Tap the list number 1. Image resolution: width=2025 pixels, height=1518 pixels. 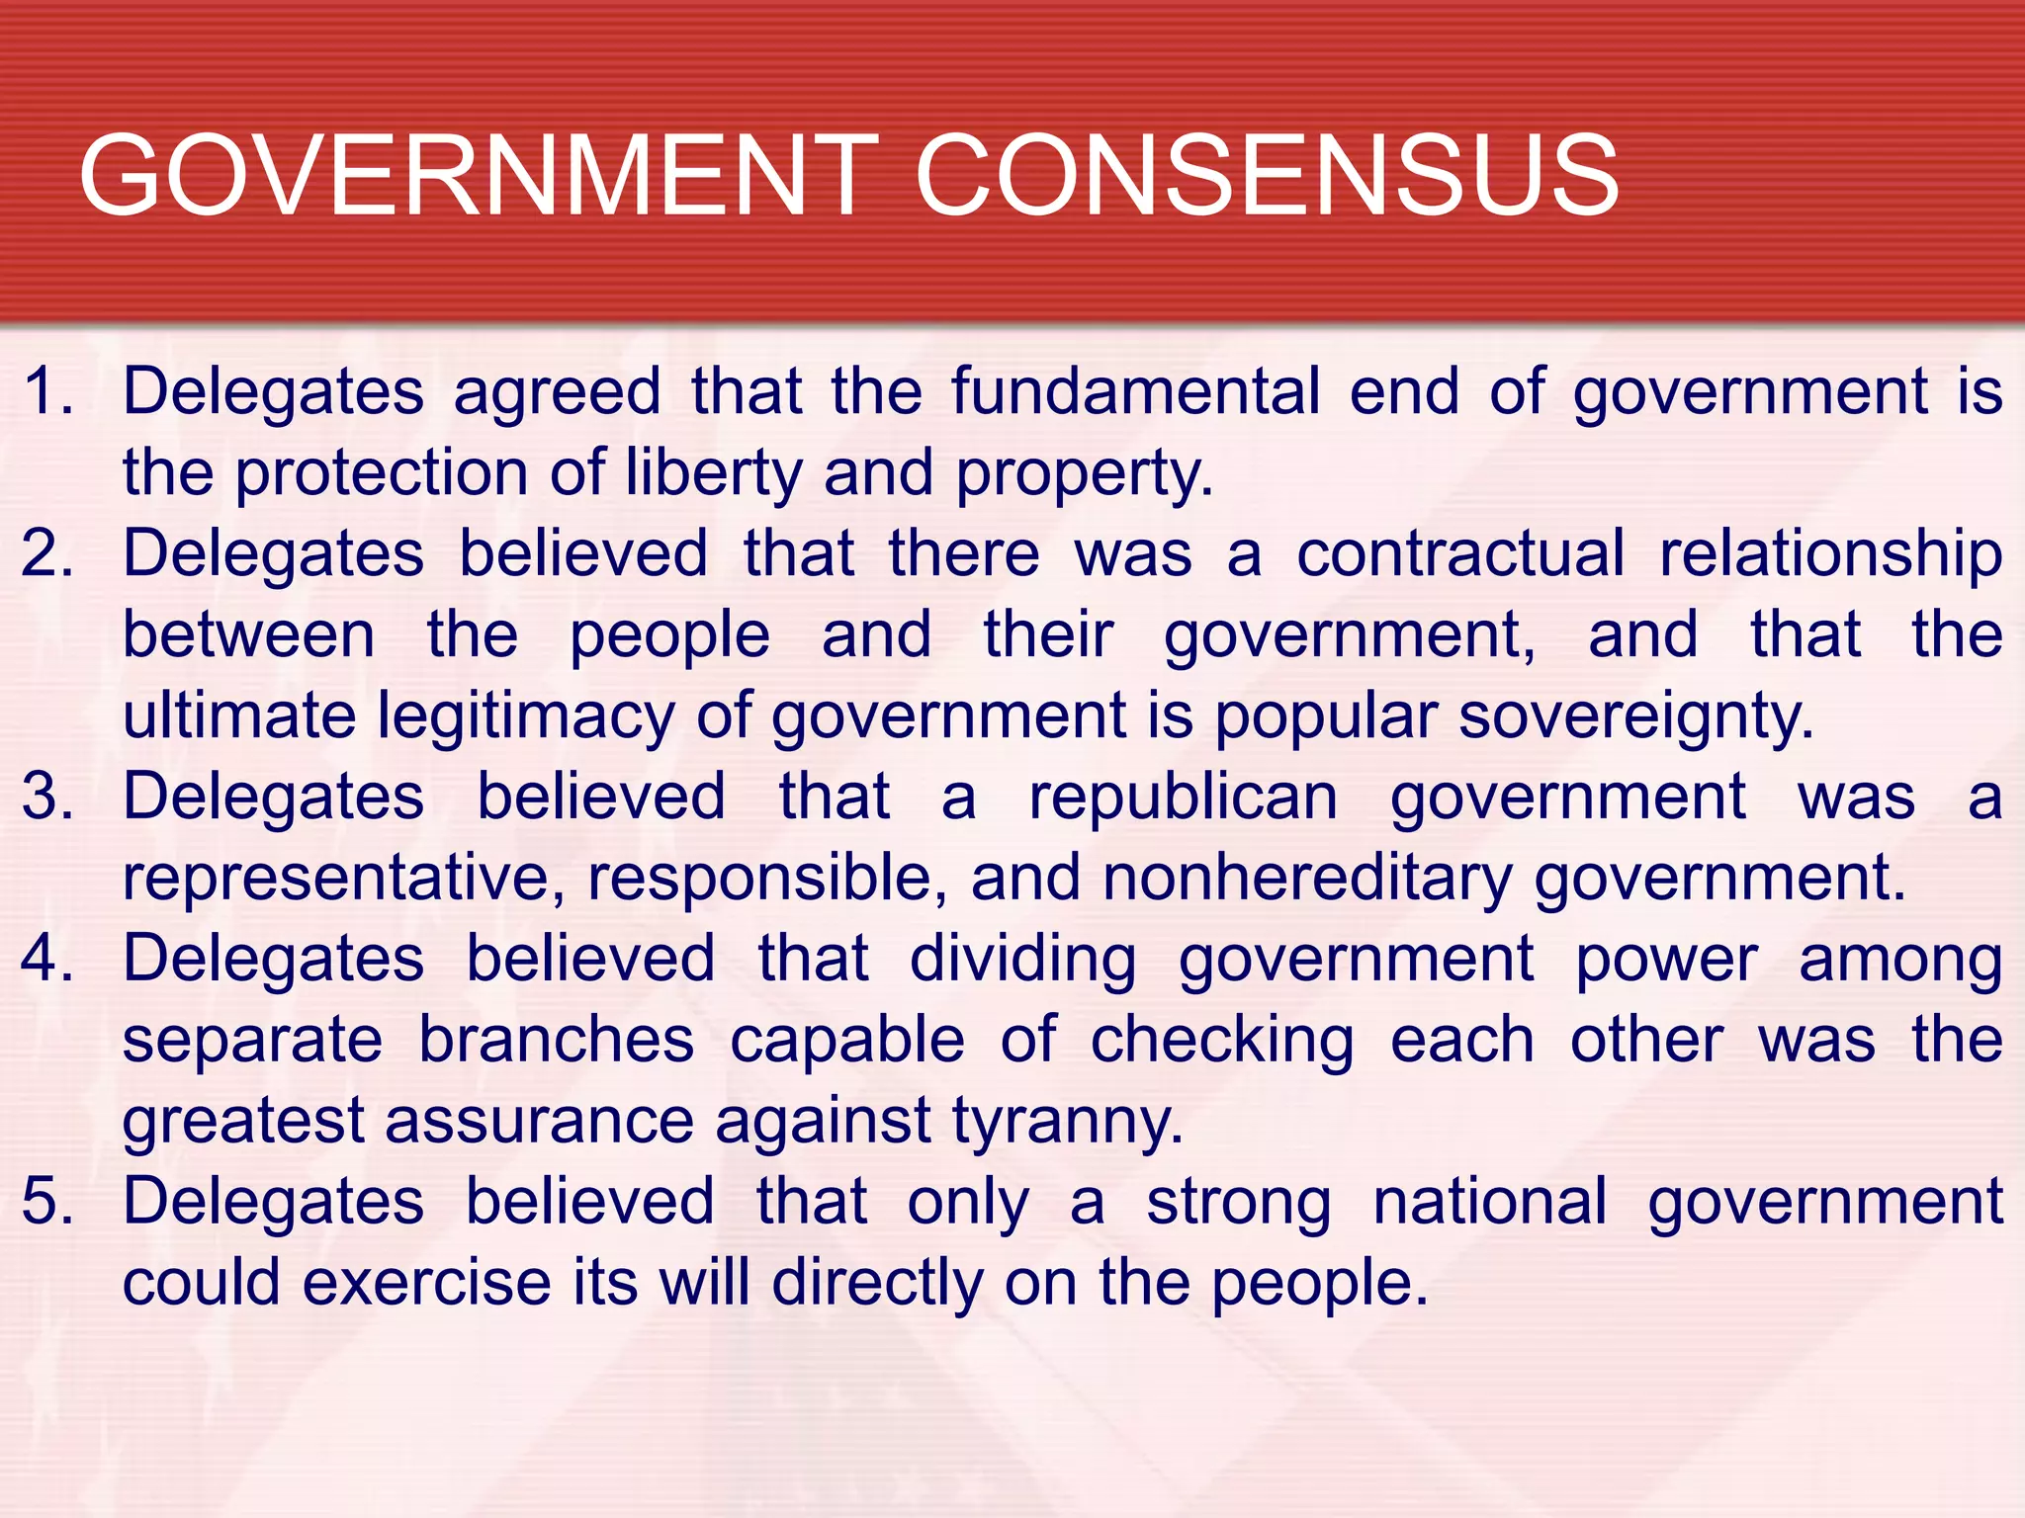click(x=48, y=390)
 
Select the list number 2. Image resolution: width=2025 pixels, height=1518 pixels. click(x=48, y=552)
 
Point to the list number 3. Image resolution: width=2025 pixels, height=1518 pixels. click(x=48, y=796)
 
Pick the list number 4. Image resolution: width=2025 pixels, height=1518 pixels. click(x=48, y=958)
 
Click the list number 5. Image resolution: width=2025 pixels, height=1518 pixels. click(x=48, y=1201)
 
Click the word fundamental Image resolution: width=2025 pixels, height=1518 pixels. click(x=1136, y=390)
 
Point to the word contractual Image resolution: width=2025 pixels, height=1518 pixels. click(x=1460, y=552)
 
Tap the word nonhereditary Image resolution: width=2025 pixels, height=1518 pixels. click(x=1307, y=879)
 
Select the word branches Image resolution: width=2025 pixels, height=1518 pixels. click(x=556, y=1039)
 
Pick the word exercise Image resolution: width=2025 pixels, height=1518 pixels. click(x=426, y=1282)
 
